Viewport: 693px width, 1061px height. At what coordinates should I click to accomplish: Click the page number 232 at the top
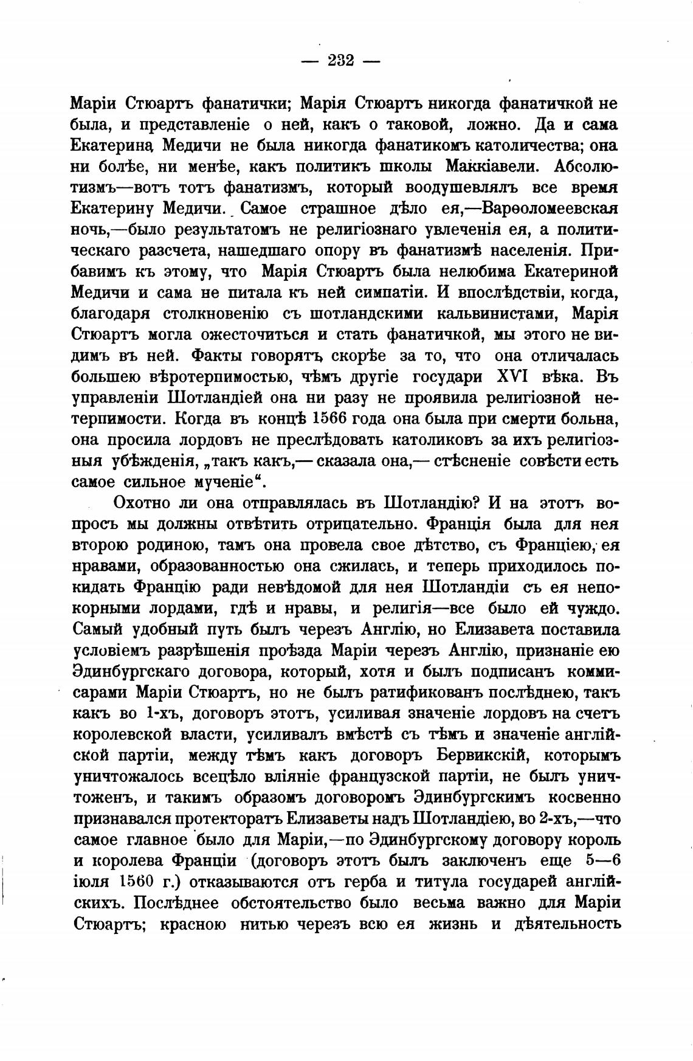point(340,61)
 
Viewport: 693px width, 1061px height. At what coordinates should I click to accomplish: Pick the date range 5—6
point(603,861)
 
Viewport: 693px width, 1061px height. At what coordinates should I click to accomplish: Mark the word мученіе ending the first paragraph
point(226,483)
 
